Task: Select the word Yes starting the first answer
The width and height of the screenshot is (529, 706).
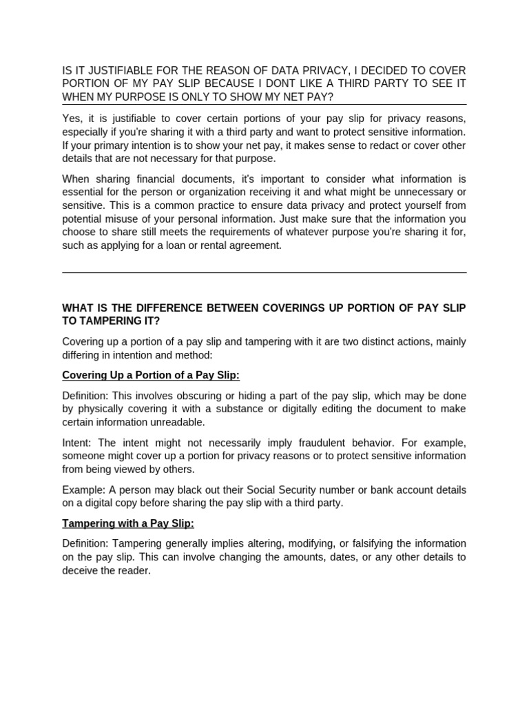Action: click(x=72, y=119)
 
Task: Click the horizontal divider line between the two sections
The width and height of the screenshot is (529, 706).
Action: click(x=264, y=273)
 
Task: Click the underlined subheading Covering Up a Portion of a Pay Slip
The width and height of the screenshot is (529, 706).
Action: click(x=151, y=375)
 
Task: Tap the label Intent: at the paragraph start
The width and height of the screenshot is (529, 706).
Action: click(x=76, y=443)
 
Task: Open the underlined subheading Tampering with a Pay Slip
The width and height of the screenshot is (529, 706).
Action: click(x=128, y=523)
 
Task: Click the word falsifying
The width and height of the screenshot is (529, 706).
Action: click(x=369, y=544)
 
